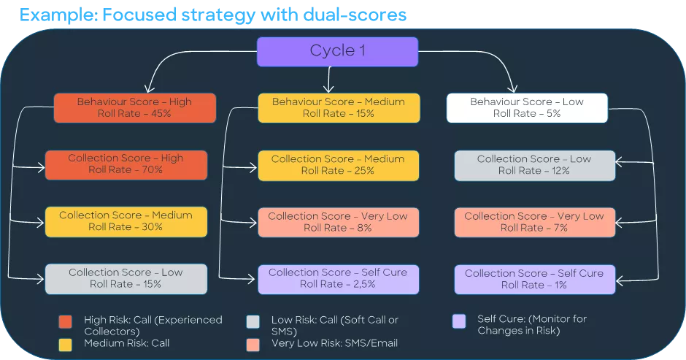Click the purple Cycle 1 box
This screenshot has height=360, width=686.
click(x=337, y=51)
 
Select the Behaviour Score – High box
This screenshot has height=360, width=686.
click(x=134, y=107)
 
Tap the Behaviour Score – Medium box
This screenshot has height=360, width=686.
click(x=339, y=107)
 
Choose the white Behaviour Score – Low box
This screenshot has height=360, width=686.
click(x=527, y=107)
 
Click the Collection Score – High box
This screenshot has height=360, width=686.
click(x=126, y=164)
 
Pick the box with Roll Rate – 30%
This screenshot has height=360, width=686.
click(x=126, y=221)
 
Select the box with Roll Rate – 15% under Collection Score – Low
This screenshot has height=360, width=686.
click(x=126, y=278)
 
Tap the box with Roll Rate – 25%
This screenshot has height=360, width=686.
click(x=338, y=165)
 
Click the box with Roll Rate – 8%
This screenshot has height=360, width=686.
click(x=338, y=222)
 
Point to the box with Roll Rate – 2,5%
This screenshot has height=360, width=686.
click(x=338, y=278)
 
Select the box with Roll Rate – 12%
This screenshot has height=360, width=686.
click(x=534, y=165)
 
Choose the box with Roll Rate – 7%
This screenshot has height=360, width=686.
click(x=534, y=222)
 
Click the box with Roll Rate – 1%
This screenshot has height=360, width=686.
click(x=534, y=279)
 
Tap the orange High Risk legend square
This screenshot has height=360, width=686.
click(x=66, y=322)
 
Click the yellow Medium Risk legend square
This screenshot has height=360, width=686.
click(x=66, y=342)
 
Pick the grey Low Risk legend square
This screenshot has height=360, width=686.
click(x=253, y=322)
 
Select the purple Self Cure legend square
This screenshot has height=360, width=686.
click(x=458, y=321)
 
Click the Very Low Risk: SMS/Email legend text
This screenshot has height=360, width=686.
click(x=334, y=342)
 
